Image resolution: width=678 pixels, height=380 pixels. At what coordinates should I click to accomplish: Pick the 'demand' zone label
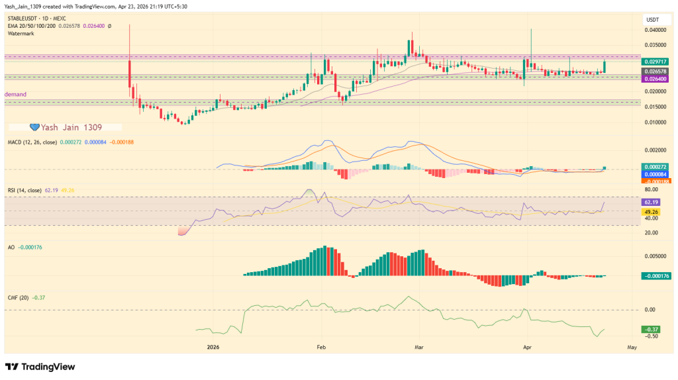pyautogui.click(x=15, y=95)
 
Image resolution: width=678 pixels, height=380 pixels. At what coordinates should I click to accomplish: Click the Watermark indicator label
pyautogui.click(x=21, y=33)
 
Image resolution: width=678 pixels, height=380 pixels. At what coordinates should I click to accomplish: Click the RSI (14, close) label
pyautogui.click(x=26, y=190)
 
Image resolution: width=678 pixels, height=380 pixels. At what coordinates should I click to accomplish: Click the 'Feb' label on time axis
pyautogui.click(x=321, y=347)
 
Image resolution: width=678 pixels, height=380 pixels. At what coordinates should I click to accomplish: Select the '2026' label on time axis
pyautogui.click(x=213, y=347)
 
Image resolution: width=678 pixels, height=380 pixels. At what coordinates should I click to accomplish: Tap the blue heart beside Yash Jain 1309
pyautogui.click(x=35, y=126)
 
